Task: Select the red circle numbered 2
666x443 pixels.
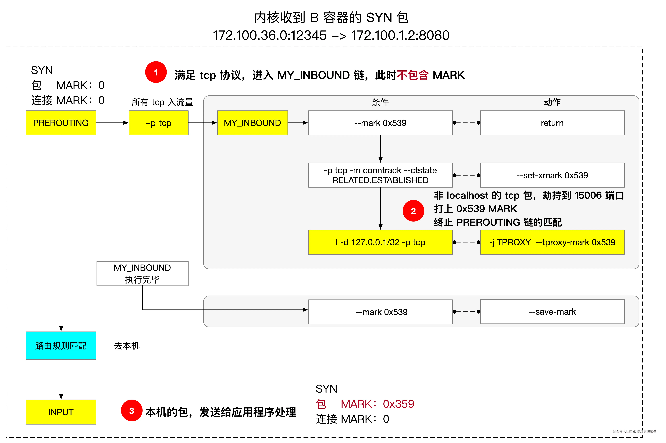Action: click(413, 211)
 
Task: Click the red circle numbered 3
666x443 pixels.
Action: click(131, 410)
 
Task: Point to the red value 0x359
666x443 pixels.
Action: click(398, 404)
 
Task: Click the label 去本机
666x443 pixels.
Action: click(127, 345)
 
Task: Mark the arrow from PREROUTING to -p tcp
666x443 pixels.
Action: click(112, 123)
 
